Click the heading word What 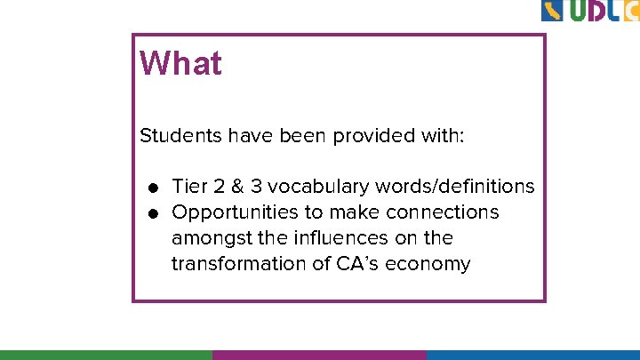(180, 64)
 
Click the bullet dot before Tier (154, 188)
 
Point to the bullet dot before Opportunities (154, 213)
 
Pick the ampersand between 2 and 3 (237, 187)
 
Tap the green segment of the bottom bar (106, 354)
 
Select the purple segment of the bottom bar (319, 354)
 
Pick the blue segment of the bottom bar (532, 354)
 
